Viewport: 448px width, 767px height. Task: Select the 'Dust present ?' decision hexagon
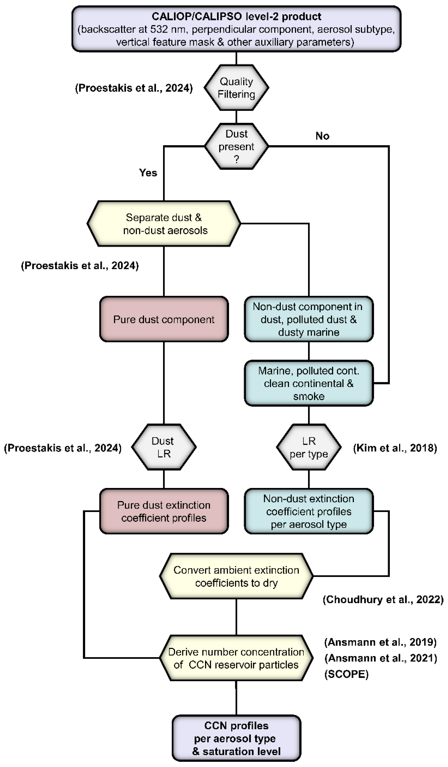pyautogui.click(x=236, y=146)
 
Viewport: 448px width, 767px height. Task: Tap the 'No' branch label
pyautogui.click(x=322, y=136)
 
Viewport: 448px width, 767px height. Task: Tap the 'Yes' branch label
pyautogui.click(x=148, y=173)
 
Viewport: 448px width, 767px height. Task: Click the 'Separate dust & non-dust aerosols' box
pyautogui.click(x=164, y=224)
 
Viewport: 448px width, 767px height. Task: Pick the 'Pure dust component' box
pyautogui.click(x=164, y=319)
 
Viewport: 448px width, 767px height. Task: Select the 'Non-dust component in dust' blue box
pyautogui.click(x=309, y=319)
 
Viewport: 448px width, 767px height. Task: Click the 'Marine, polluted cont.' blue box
pyautogui.click(x=309, y=383)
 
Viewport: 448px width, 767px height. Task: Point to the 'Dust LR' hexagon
pyautogui.click(x=164, y=447)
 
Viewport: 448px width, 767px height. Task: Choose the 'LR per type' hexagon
pyautogui.click(x=309, y=447)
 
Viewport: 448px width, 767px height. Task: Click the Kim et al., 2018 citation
pyautogui.click(x=395, y=448)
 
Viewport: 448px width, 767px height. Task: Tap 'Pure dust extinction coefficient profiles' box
pyautogui.click(x=164, y=511)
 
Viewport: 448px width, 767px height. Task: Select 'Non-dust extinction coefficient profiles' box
pyautogui.click(x=309, y=511)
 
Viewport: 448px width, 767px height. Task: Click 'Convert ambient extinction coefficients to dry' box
pyautogui.click(x=236, y=576)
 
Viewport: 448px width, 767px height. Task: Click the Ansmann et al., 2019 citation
pyautogui.click(x=380, y=642)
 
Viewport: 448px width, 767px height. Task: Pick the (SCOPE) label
pyautogui.click(x=346, y=674)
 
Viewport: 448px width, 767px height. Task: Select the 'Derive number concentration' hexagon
pyautogui.click(x=236, y=658)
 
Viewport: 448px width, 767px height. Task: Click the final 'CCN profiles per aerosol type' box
pyautogui.click(x=236, y=738)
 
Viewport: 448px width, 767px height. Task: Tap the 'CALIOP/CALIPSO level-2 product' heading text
pyautogui.click(x=236, y=16)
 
